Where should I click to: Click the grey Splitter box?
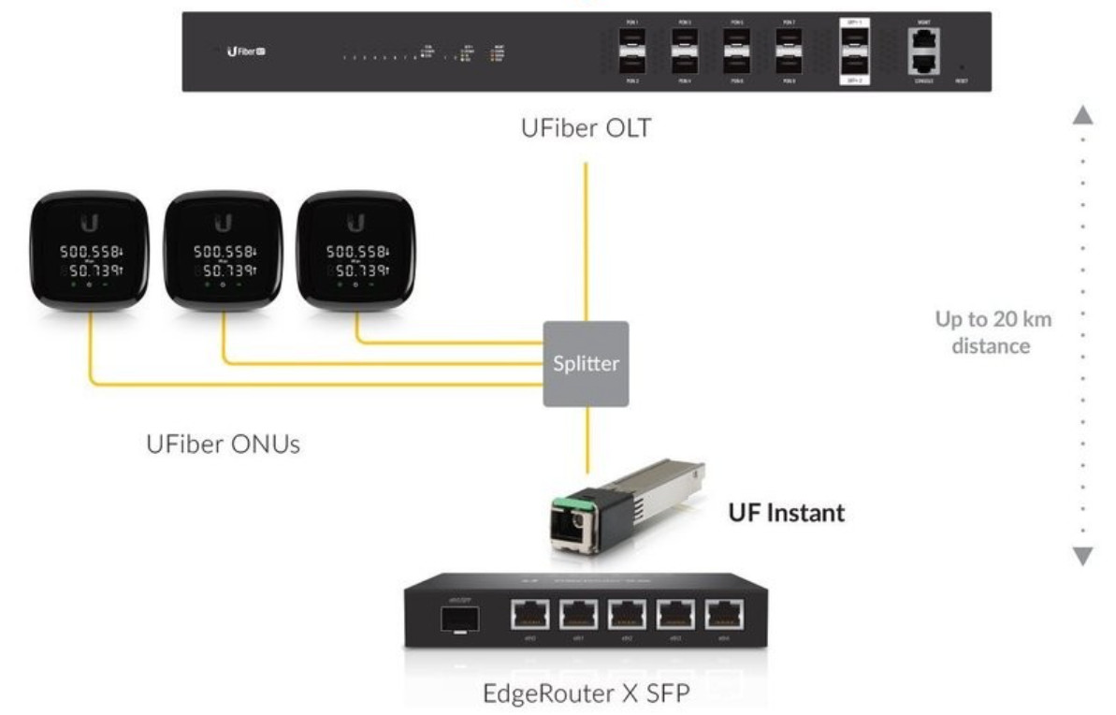click(x=586, y=363)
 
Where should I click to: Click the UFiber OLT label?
click(x=586, y=128)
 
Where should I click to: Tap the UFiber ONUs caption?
click(x=223, y=443)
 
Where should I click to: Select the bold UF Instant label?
click(x=786, y=513)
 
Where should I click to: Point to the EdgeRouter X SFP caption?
click(x=586, y=696)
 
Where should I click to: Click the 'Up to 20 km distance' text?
click(x=993, y=332)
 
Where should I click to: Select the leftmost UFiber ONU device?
click(x=91, y=248)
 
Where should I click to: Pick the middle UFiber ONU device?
click(x=222, y=248)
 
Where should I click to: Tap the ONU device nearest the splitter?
click(x=355, y=248)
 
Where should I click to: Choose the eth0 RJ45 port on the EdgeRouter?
click(x=530, y=615)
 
